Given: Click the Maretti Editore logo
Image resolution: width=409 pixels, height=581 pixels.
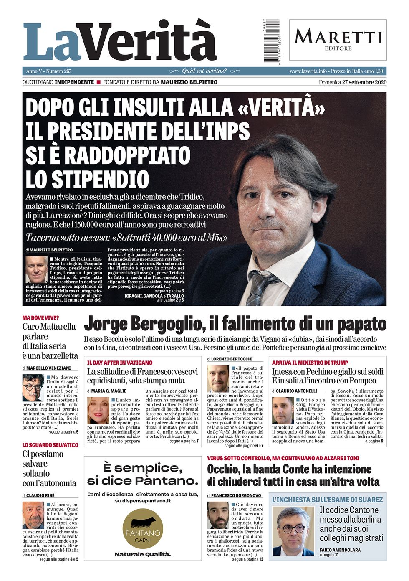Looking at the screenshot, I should tap(338, 40).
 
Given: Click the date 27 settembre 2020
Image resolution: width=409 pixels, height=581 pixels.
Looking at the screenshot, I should tap(364, 82).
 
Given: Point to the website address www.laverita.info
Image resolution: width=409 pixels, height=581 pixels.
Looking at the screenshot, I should tap(308, 71).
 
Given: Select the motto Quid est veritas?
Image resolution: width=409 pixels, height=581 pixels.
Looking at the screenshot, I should tap(204, 71).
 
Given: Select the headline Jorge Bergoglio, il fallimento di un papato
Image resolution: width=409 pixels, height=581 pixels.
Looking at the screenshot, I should tap(235, 324).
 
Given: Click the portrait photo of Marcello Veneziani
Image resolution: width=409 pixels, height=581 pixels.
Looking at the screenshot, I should tap(33, 388).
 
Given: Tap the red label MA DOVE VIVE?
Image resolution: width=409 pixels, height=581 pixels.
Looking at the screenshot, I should tap(40, 318).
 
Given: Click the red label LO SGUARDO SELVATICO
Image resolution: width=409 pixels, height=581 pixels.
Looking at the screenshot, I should tap(50, 445).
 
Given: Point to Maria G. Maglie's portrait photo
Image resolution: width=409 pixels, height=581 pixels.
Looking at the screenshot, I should tap(98, 411).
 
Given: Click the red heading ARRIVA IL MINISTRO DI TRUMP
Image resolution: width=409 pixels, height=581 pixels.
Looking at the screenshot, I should tap(310, 363).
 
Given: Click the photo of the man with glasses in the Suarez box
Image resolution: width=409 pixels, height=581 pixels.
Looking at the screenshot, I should tap(293, 531).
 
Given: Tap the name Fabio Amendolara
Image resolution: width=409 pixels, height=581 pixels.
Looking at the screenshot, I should tap(340, 550).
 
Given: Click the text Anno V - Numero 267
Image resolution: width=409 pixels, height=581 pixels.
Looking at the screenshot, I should tap(48, 71).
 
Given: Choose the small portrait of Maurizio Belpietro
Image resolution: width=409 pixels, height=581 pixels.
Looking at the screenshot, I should tap(36, 269).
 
